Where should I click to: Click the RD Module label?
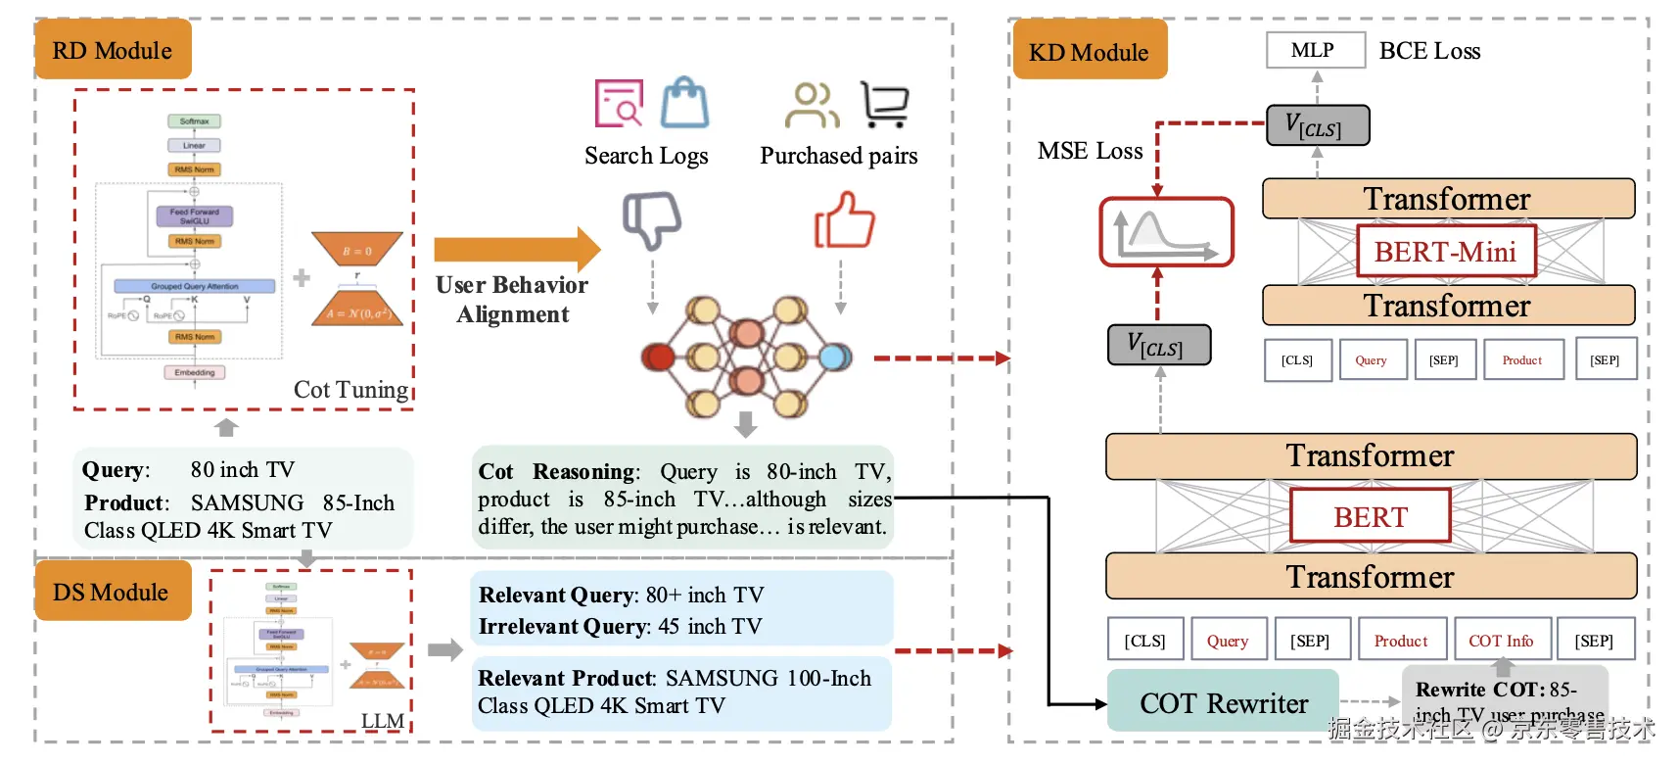[113, 50]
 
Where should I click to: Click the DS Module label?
[112, 592]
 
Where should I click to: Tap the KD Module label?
[1088, 52]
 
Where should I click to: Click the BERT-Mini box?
[1445, 252]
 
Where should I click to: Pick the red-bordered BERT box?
[1370, 516]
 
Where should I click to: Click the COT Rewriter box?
[1223, 702]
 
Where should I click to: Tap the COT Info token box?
[1501, 641]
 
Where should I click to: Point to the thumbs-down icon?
[652, 218]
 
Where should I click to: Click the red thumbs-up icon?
[844, 219]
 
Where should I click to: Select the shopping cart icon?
[885, 105]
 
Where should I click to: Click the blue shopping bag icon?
[684, 104]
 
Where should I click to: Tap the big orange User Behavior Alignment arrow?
[517, 249]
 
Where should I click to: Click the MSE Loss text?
[1090, 151]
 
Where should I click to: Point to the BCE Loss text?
[1429, 51]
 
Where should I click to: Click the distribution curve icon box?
[1166, 232]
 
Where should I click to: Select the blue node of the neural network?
[835, 357]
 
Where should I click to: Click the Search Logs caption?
[646, 156]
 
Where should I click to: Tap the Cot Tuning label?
[350, 390]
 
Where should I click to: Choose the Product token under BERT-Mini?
[1522, 359]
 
